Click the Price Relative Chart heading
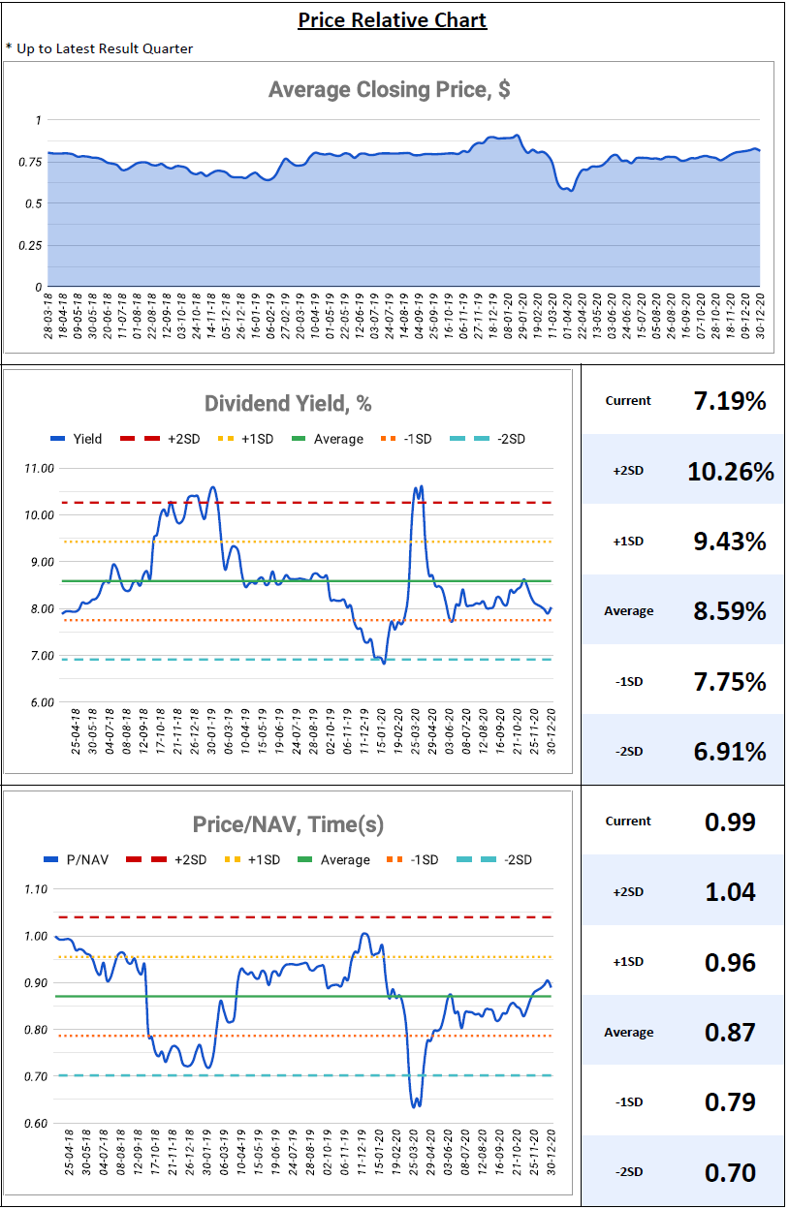[392, 20]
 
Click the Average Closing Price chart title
[389, 89]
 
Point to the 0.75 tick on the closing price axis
[30, 162]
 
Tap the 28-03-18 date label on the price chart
[48, 316]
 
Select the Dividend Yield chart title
[288, 403]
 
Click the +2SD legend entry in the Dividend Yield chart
[160, 439]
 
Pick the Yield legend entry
[77, 439]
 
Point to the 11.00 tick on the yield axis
[40, 469]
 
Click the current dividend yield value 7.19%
[730, 401]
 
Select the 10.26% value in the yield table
[731, 471]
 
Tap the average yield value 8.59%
[730, 611]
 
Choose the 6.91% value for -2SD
[730, 752]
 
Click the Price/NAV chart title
[288, 824]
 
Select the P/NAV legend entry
[77, 860]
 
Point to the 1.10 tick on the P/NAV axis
[36, 889]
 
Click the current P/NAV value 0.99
[730, 821]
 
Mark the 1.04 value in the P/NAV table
[730, 891]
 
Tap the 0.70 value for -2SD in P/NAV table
[730, 1172]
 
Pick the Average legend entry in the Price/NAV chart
[333, 860]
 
